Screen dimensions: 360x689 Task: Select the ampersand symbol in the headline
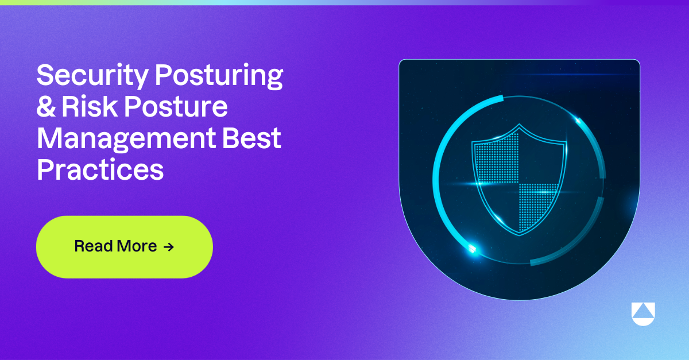pyautogui.click(x=46, y=107)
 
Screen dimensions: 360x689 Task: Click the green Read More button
pyautogui.click(x=124, y=247)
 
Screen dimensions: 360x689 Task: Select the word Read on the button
pyautogui.click(x=94, y=247)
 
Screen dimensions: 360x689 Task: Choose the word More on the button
pyautogui.click(x=137, y=247)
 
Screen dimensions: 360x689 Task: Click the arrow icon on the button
pyautogui.click(x=168, y=247)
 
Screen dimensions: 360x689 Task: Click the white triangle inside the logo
pyautogui.click(x=642, y=311)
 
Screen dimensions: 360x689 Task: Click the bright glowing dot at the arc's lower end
pyautogui.click(x=472, y=249)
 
